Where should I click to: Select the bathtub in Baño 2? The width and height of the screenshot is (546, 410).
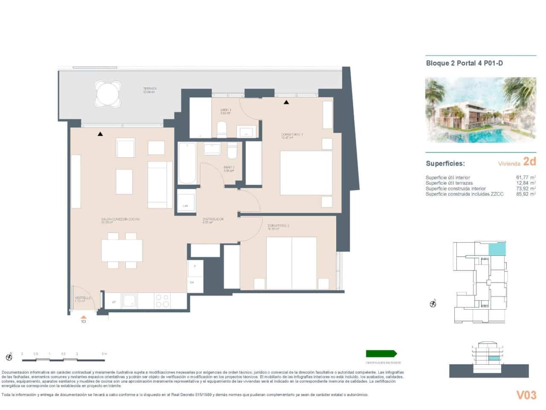[x=187, y=164]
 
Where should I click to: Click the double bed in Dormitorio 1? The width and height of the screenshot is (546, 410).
[x=306, y=173]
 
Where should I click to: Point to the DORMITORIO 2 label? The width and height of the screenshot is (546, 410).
[x=279, y=225]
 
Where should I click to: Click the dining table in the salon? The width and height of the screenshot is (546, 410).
[x=122, y=250]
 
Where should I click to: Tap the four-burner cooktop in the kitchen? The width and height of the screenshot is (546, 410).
[x=162, y=301]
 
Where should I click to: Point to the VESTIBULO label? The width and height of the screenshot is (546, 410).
[x=83, y=298]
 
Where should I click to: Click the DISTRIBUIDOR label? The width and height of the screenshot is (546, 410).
[x=213, y=219]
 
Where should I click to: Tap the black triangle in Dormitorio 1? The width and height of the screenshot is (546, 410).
[x=286, y=102]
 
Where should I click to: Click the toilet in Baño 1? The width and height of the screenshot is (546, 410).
[x=221, y=130]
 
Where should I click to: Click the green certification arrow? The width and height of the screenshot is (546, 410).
[x=381, y=354]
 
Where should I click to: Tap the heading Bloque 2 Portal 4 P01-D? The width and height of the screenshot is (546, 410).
[x=464, y=64]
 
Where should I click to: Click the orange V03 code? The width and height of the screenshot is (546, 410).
[x=526, y=395]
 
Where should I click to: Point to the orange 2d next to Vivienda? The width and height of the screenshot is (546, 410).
[x=529, y=161]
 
